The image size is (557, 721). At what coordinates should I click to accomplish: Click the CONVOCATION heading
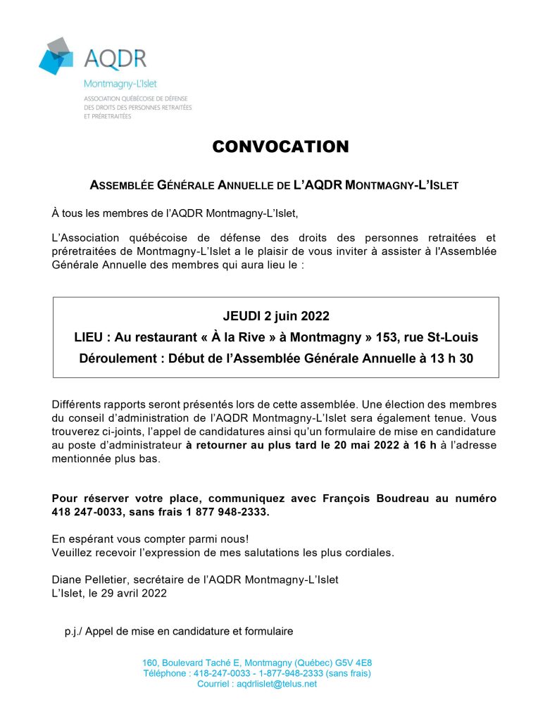click(280, 146)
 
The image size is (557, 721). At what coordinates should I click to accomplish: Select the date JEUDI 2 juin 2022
click(276, 315)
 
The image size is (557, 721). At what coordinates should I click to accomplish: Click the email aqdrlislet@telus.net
click(277, 684)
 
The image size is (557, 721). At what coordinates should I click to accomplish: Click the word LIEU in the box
click(89, 337)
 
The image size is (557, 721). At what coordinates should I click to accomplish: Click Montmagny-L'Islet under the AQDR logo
click(120, 84)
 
